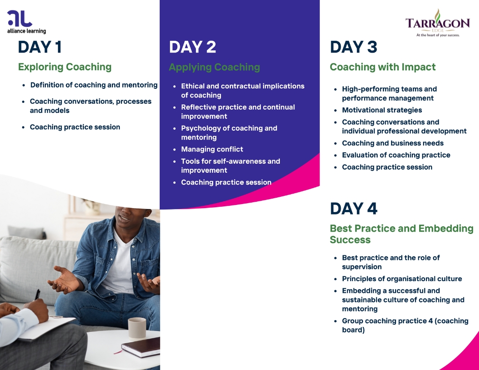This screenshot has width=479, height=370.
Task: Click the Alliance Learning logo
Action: click(x=27, y=22)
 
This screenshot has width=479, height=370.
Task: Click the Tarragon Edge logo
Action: click(x=437, y=23)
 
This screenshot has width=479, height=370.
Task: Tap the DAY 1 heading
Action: click(x=40, y=47)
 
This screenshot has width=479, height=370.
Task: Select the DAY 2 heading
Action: click(x=192, y=47)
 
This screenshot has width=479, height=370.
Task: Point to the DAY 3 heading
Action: click(x=353, y=47)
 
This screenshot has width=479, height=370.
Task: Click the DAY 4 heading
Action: click(x=353, y=209)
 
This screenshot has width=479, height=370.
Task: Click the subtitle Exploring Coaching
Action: click(x=65, y=67)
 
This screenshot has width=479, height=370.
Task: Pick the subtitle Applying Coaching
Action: click(x=215, y=67)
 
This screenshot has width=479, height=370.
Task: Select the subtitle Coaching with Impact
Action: click(x=383, y=67)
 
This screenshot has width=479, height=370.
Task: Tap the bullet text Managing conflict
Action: click(x=212, y=149)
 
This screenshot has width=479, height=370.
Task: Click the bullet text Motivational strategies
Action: click(x=382, y=110)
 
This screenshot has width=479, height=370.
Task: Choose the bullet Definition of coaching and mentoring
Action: click(x=94, y=85)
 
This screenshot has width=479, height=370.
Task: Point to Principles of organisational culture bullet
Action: click(x=402, y=279)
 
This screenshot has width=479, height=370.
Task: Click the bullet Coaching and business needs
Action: click(x=393, y=143)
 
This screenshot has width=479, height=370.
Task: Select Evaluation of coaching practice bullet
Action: click(x=396, y=155)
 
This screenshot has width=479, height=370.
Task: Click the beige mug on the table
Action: click(x=137, y=329)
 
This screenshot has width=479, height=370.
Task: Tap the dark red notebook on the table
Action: click(x=141, y=347)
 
